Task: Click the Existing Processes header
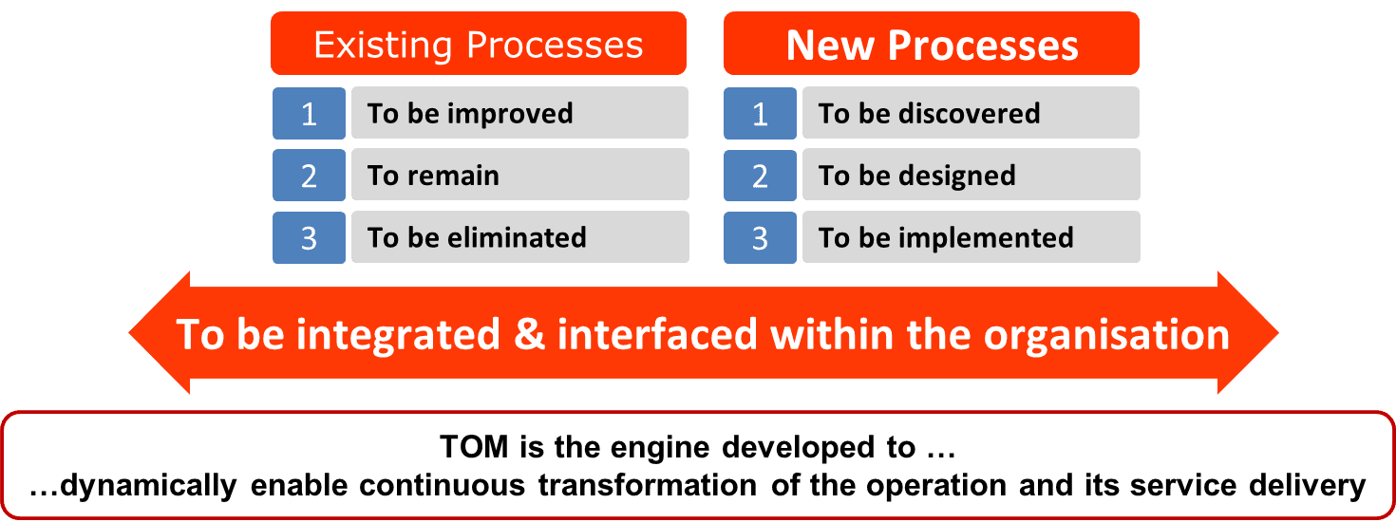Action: tap(479, 44)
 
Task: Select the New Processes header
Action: tap(932, 44)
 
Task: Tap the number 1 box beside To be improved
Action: tap(310, 113)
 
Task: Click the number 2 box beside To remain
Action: tap(310, 175)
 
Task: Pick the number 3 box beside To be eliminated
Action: tap(310, 237)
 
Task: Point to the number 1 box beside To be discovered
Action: tap(761, 113)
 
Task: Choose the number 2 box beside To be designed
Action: tap(761, 175)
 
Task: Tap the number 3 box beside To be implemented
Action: tap(761, 237)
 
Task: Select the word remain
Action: tap(454, 176)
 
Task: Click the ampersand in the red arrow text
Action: tap(529, 334)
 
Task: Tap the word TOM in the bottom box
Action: tap(474, 447)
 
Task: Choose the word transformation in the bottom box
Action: tap(648, 486)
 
